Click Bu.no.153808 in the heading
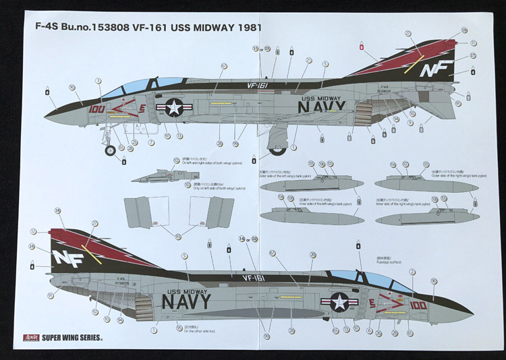point(99,28)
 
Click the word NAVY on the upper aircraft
point(322,106)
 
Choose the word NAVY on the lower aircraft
point(186,301)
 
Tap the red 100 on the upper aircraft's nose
point(96,108)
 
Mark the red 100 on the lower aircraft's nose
point(418,305)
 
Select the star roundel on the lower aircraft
point(339,302)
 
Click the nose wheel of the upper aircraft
point(110,150)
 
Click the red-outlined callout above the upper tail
point(362,47)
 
